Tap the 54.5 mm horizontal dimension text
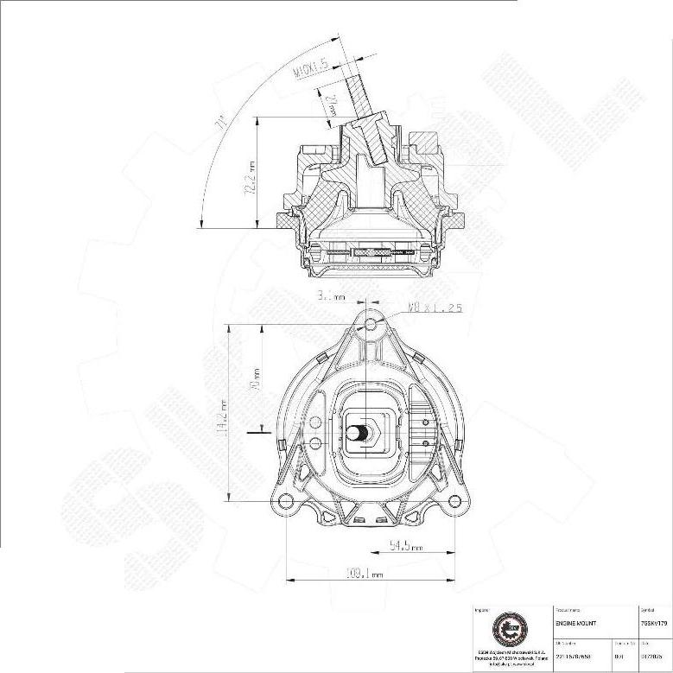point(405,546)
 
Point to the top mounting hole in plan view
point(371,324)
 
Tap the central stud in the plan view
point(365,432)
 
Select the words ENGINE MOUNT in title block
point(575,622)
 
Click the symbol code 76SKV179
point(654,622)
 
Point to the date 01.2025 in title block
point(654,655)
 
